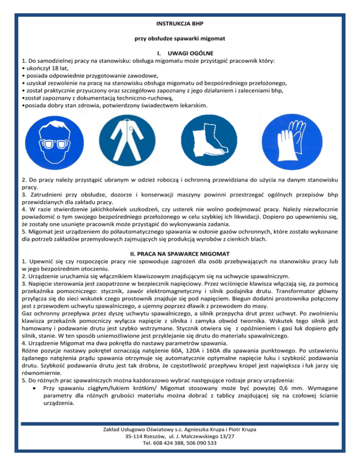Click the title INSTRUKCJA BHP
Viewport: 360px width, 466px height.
coord(180,23)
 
